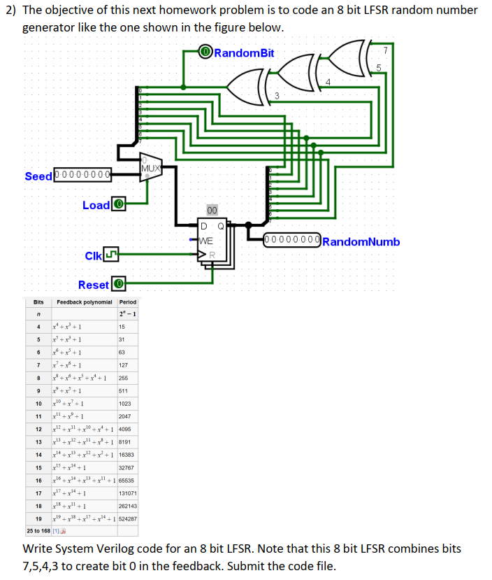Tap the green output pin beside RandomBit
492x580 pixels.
(x=205, y=52)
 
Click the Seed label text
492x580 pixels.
(x=38, y=176)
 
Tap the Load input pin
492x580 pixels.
(x=119, y=205)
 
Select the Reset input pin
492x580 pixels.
(x=119, y=285)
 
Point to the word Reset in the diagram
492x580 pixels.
(x=94, y=285)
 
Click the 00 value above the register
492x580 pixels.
(x=212, y=211)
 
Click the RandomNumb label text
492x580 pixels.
(x=361, y=241)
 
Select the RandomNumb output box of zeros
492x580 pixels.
(x=293, y=241)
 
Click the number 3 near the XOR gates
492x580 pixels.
(x=277, y=96)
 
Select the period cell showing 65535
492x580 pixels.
(x=128, y=481)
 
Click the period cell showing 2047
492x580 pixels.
(x=126, y=416)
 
